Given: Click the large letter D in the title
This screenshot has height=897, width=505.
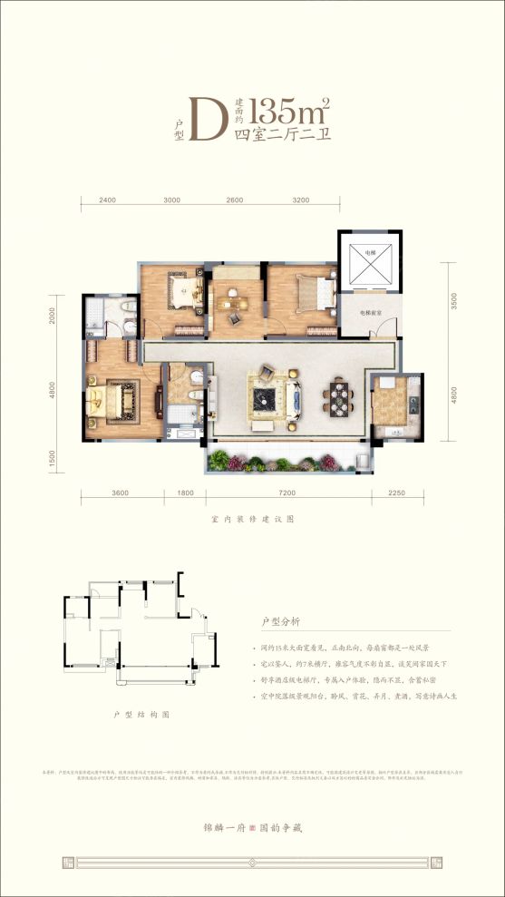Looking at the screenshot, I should tap(202, 119).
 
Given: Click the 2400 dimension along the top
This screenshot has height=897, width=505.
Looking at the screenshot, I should tap(108, 200).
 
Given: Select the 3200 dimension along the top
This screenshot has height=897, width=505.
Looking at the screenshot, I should tap(302, 200).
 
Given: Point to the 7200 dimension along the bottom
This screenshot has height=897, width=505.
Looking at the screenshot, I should tap(289, 493).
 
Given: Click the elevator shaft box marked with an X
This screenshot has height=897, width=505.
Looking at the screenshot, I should tap(369, 263).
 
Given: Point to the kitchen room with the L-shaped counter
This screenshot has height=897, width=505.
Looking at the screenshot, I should tap(396, 404).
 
